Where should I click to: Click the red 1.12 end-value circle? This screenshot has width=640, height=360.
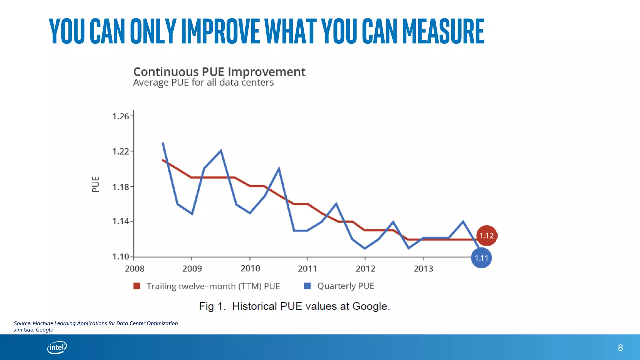pos(487,236)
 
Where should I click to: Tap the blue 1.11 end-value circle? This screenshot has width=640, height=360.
pos(481,258)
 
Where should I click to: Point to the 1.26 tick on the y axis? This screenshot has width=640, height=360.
pos(120,116)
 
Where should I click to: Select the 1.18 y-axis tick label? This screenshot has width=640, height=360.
pos(120,187)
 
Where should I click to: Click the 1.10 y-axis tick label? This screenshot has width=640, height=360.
pos(120,257)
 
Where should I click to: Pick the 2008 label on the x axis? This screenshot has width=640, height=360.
pos(134,268)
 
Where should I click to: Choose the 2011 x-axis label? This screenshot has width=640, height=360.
pos(307,268)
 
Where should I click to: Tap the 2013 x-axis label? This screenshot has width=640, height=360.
pos(423,268)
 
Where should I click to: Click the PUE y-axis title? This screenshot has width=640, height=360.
pos(96,184)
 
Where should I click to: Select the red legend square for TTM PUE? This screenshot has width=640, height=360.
pos(137,286)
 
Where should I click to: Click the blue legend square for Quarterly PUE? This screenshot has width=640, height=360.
pos(307,286)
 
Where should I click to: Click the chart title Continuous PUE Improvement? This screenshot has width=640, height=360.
pos(219,72)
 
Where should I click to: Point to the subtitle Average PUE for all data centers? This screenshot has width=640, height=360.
pos(203,82)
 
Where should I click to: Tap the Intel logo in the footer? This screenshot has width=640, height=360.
pos(57,347)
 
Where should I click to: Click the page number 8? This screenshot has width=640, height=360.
pos(620,347)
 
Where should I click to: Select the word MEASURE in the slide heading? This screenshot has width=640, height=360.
pos(443,31)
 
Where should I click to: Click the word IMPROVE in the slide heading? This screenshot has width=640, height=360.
pos(220,31)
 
